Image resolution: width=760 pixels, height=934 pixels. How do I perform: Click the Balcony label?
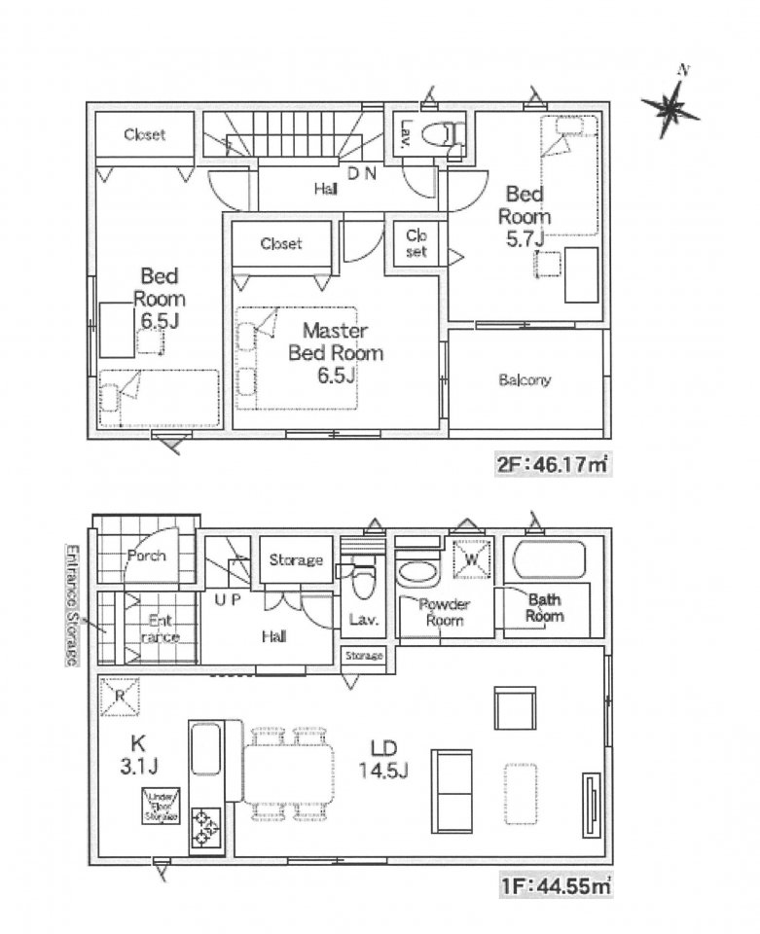tap(525, 380)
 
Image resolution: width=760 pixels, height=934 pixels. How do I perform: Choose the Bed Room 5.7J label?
tap(525, 216)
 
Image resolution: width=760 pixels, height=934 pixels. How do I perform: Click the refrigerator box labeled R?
tap(117, 695)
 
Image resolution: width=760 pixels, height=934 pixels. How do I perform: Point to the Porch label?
tap(146, 557)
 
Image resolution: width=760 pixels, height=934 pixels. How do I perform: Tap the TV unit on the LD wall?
tap(591, 799)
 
